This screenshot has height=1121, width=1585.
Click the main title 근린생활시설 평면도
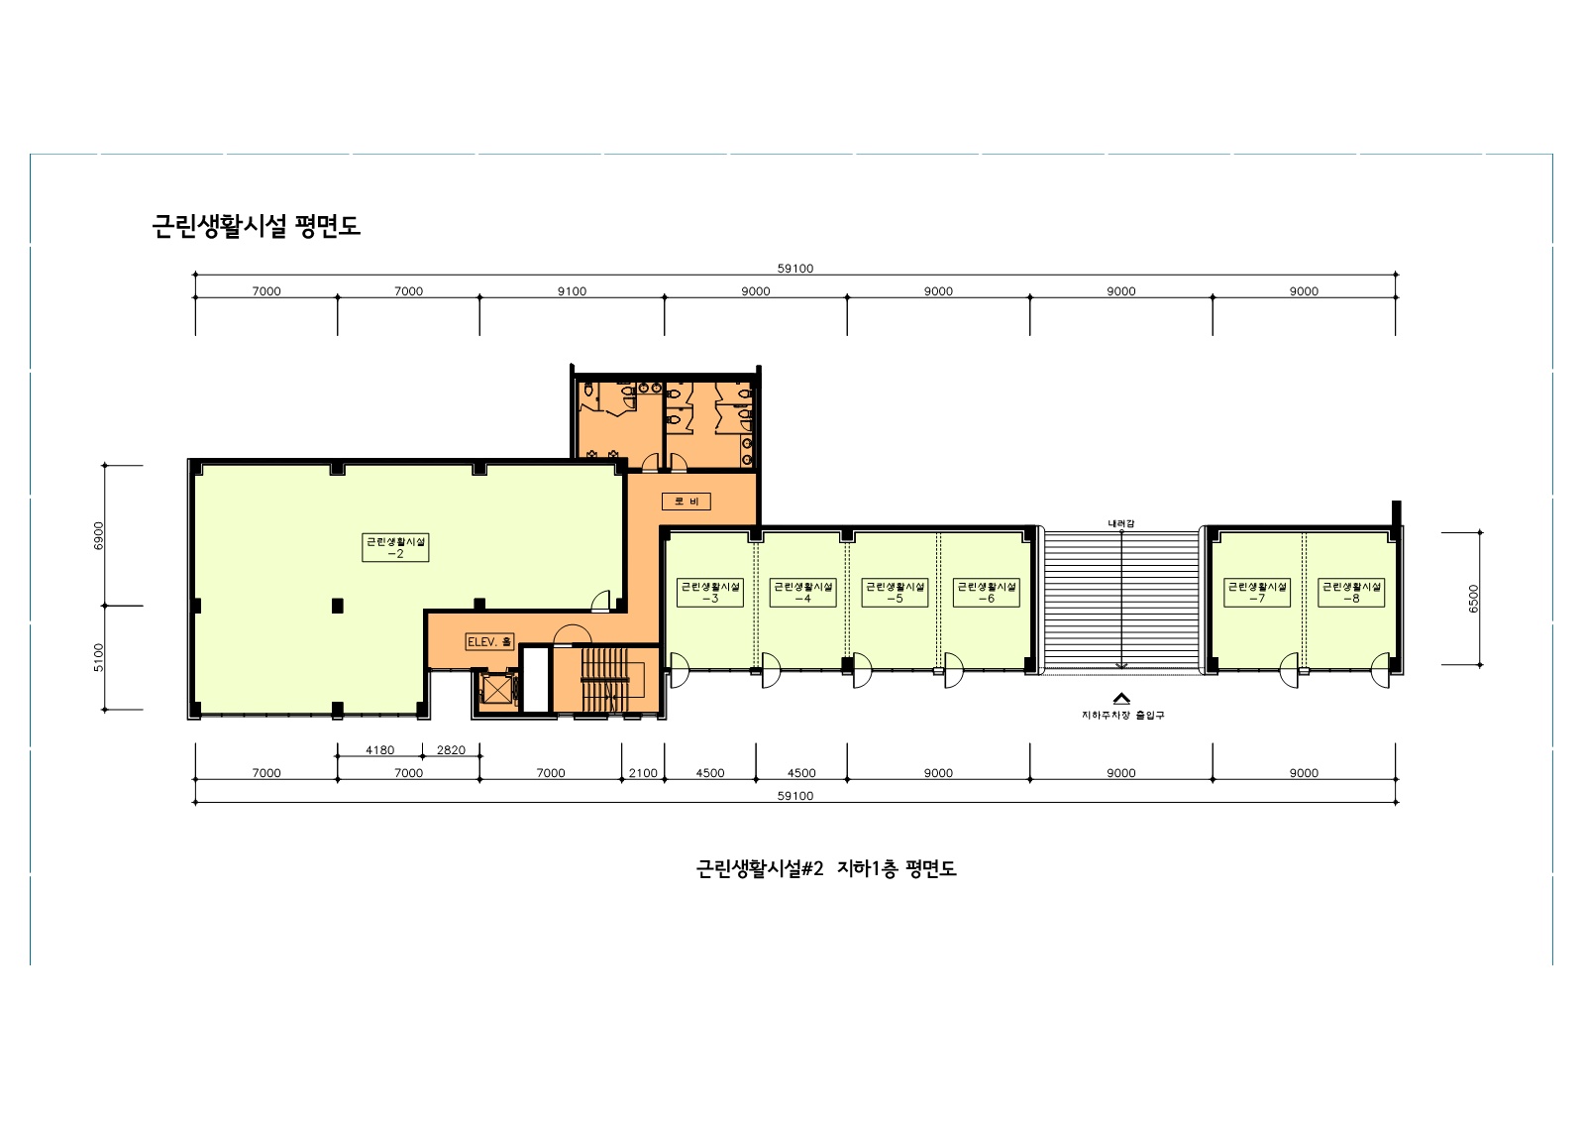256,226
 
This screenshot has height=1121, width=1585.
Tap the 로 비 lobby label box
686,502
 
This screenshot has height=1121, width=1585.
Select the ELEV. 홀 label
489,642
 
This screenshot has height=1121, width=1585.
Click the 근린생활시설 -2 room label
395,547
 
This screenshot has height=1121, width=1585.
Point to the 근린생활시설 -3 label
710,592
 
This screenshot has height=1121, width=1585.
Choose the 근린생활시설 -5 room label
895,592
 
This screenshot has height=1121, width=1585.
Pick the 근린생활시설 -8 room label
1351,592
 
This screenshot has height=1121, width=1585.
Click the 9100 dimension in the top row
572,291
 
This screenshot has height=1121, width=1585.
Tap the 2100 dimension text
643,773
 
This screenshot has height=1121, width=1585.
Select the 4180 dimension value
379,750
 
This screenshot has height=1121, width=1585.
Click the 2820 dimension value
451,750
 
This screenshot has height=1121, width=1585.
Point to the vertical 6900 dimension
98,534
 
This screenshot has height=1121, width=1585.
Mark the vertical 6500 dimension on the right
1473,598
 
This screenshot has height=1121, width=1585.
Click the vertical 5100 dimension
98,657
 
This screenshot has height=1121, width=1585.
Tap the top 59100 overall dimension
794,269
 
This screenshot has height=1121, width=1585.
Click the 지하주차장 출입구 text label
1122,715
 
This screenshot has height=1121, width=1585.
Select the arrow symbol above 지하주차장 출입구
1121,698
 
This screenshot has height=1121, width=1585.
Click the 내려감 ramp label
1121,522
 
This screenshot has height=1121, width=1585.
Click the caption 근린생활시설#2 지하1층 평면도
826,869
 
